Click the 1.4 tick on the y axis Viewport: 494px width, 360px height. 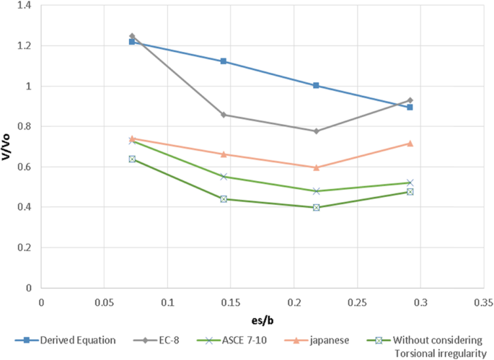27,6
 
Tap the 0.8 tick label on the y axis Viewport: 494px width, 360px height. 27,127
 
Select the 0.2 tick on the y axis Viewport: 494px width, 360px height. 27,247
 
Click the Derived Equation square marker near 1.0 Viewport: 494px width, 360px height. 316,85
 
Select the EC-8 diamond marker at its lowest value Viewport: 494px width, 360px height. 316,131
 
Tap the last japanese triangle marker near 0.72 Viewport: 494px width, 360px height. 410,144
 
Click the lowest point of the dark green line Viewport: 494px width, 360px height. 316,207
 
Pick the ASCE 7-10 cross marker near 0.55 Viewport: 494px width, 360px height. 224,176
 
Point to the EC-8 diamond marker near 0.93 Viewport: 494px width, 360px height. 410,100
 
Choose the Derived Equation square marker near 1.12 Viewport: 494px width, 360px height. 224,61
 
